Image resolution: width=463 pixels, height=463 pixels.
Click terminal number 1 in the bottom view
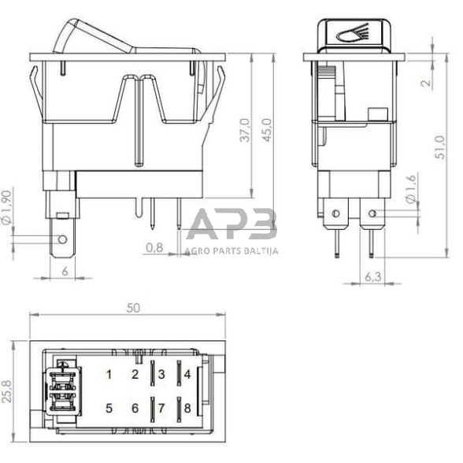tap(109, 374)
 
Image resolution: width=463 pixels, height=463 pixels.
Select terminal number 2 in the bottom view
tap(135, 374)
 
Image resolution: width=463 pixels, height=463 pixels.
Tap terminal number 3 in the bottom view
tap(161, 374)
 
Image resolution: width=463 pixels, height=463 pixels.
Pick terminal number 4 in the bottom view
tap(187, 374)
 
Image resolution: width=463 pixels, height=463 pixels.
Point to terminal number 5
tap(109, 408)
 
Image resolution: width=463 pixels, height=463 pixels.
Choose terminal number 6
tap(135, 408)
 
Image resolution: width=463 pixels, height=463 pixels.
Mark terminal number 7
tap(161, 408)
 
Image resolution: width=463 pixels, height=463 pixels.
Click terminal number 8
tap(187, 408)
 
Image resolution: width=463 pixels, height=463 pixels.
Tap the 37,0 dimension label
tap(244, 130)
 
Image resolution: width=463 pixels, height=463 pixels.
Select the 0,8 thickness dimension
tap(154, 248)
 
